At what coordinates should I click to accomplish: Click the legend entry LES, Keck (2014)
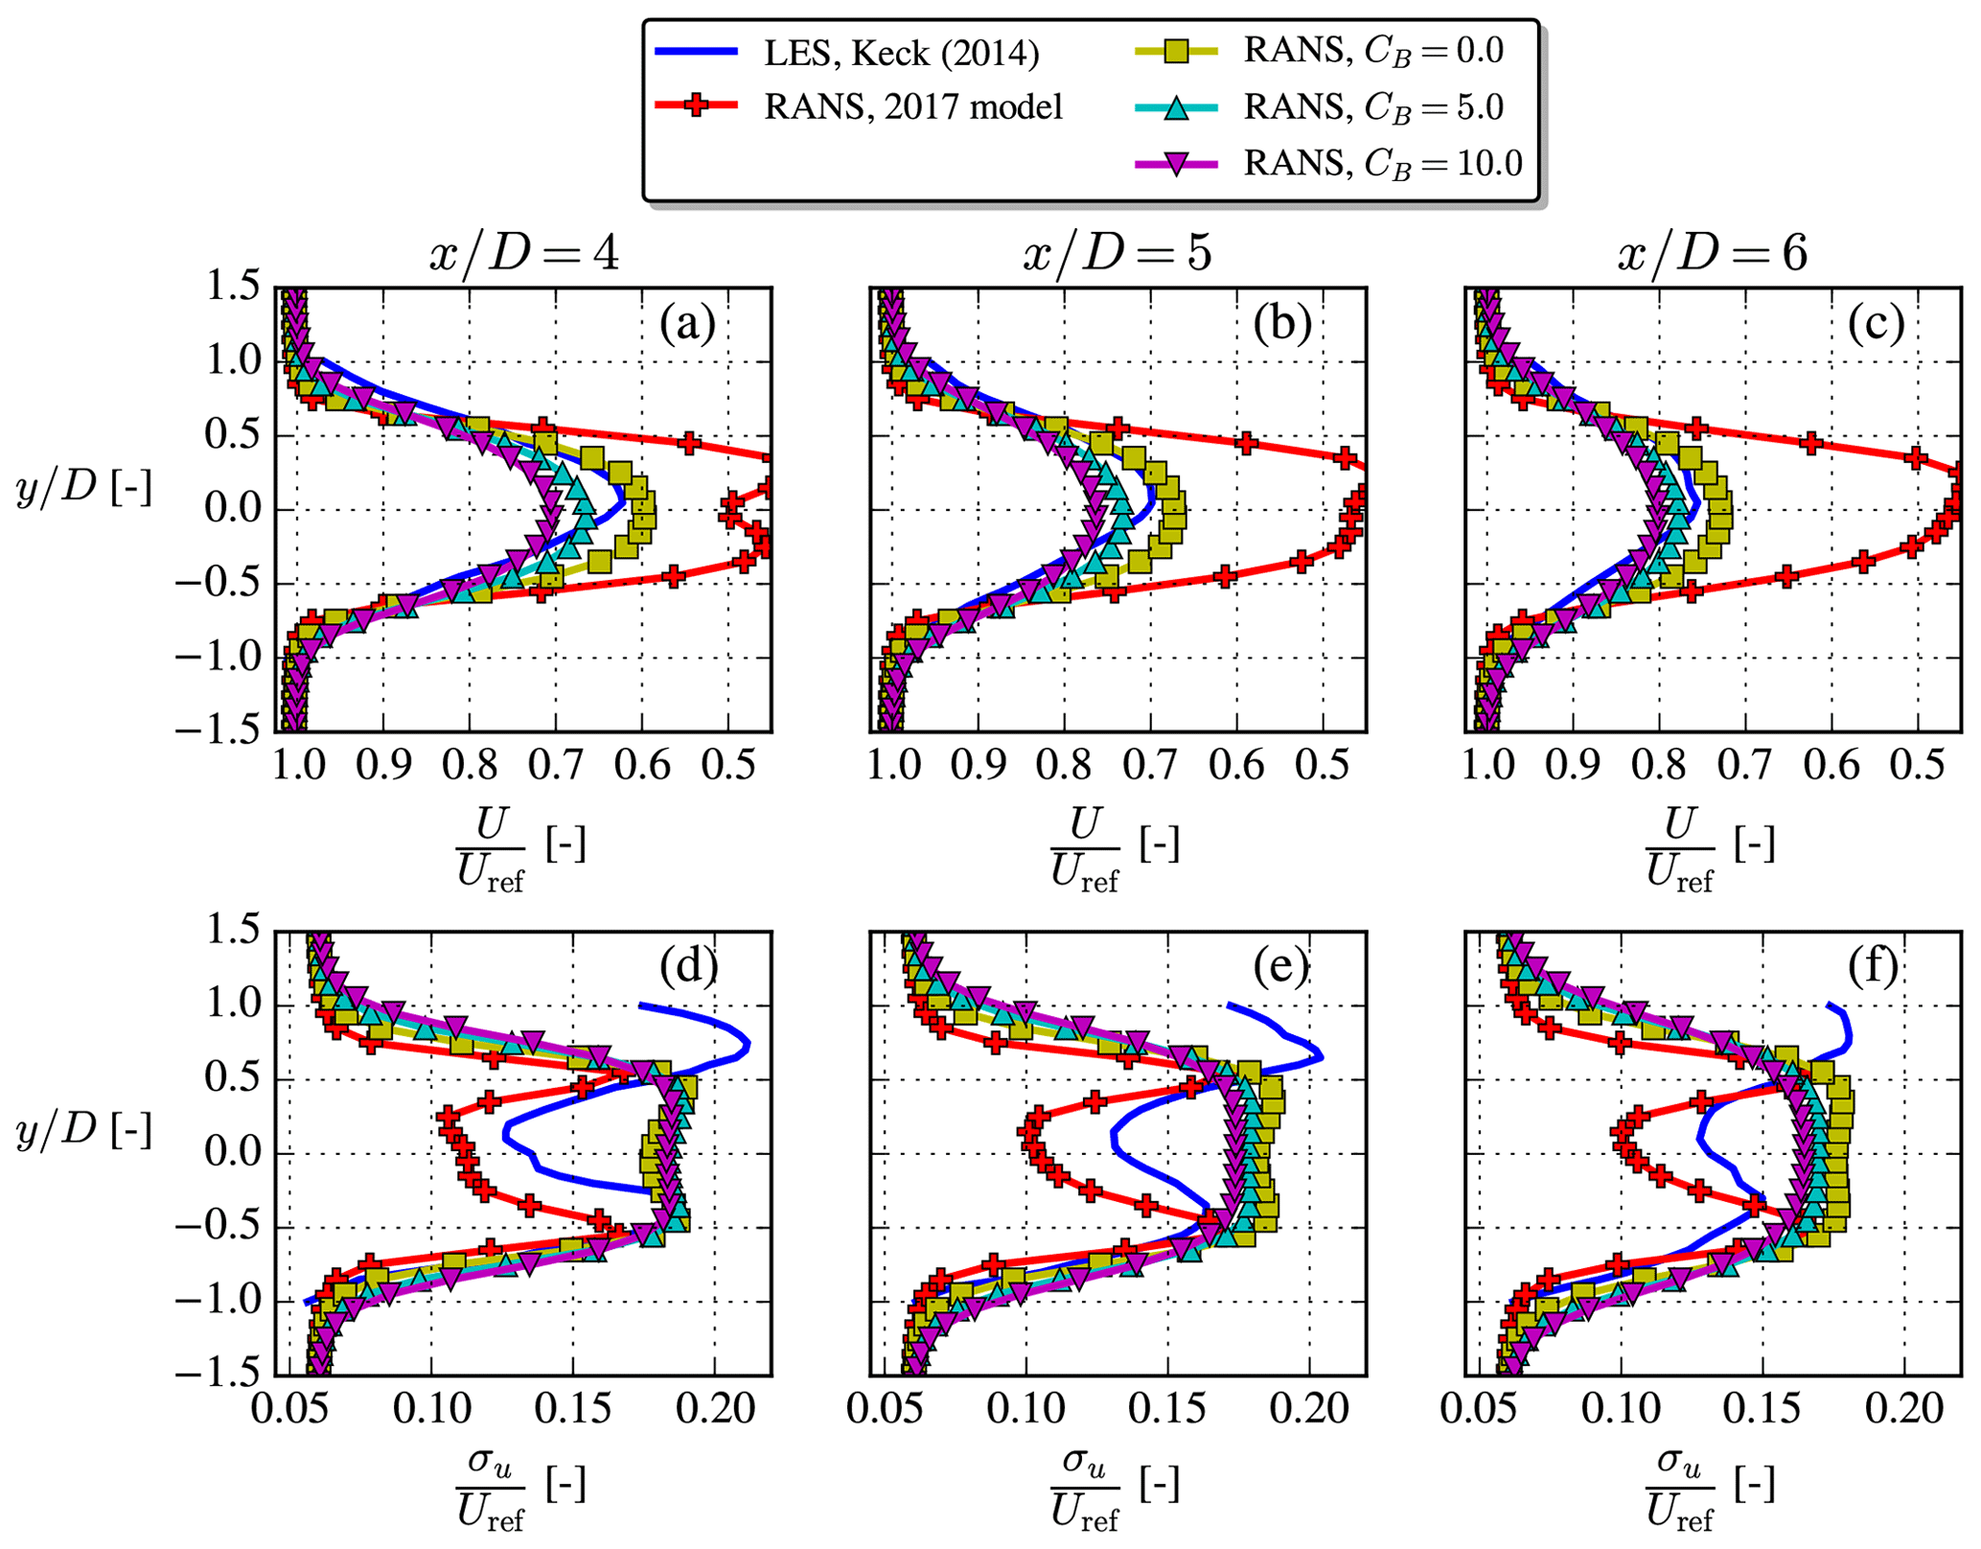(x=901, y=53)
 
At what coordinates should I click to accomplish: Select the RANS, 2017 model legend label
(x=912, y=106)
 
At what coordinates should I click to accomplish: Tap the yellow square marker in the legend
(x=1176, y=51)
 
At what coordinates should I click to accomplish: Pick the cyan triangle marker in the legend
(x=1176, y=107)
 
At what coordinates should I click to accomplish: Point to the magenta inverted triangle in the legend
(x=1176, y=164)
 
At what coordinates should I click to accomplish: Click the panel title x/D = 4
(x=523, y=254)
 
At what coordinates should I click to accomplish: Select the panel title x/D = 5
(x=1117, y=254)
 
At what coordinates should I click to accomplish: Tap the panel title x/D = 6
(x=1713, y=254)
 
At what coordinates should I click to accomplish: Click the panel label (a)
(x=687, y=325)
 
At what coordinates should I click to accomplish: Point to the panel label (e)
(x=1281, y=969)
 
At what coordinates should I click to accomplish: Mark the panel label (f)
(x=1876, y=969)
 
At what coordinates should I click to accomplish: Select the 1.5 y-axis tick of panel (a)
(x=233, y=288)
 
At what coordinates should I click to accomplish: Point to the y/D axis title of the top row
(x=83, y=489)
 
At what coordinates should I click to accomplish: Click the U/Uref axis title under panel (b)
(x=1115, y=848)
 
